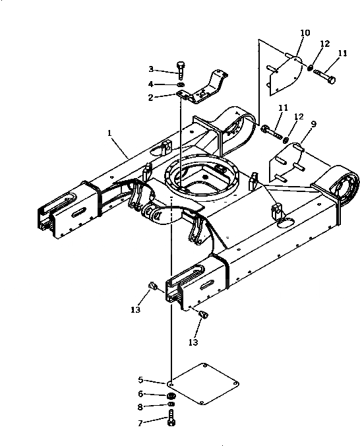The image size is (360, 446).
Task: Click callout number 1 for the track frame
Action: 109,133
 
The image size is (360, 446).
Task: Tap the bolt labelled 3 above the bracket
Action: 181,70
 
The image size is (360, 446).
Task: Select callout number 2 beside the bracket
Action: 151,98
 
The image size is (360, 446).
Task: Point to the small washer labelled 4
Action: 180,84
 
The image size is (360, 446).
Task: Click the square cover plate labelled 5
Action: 203,384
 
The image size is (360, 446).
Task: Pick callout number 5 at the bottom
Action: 140,380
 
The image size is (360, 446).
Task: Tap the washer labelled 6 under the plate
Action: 171,396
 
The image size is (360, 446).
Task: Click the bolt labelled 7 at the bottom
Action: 171,418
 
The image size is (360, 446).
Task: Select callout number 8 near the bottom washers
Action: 140,407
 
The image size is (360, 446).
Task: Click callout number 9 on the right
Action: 313,124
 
